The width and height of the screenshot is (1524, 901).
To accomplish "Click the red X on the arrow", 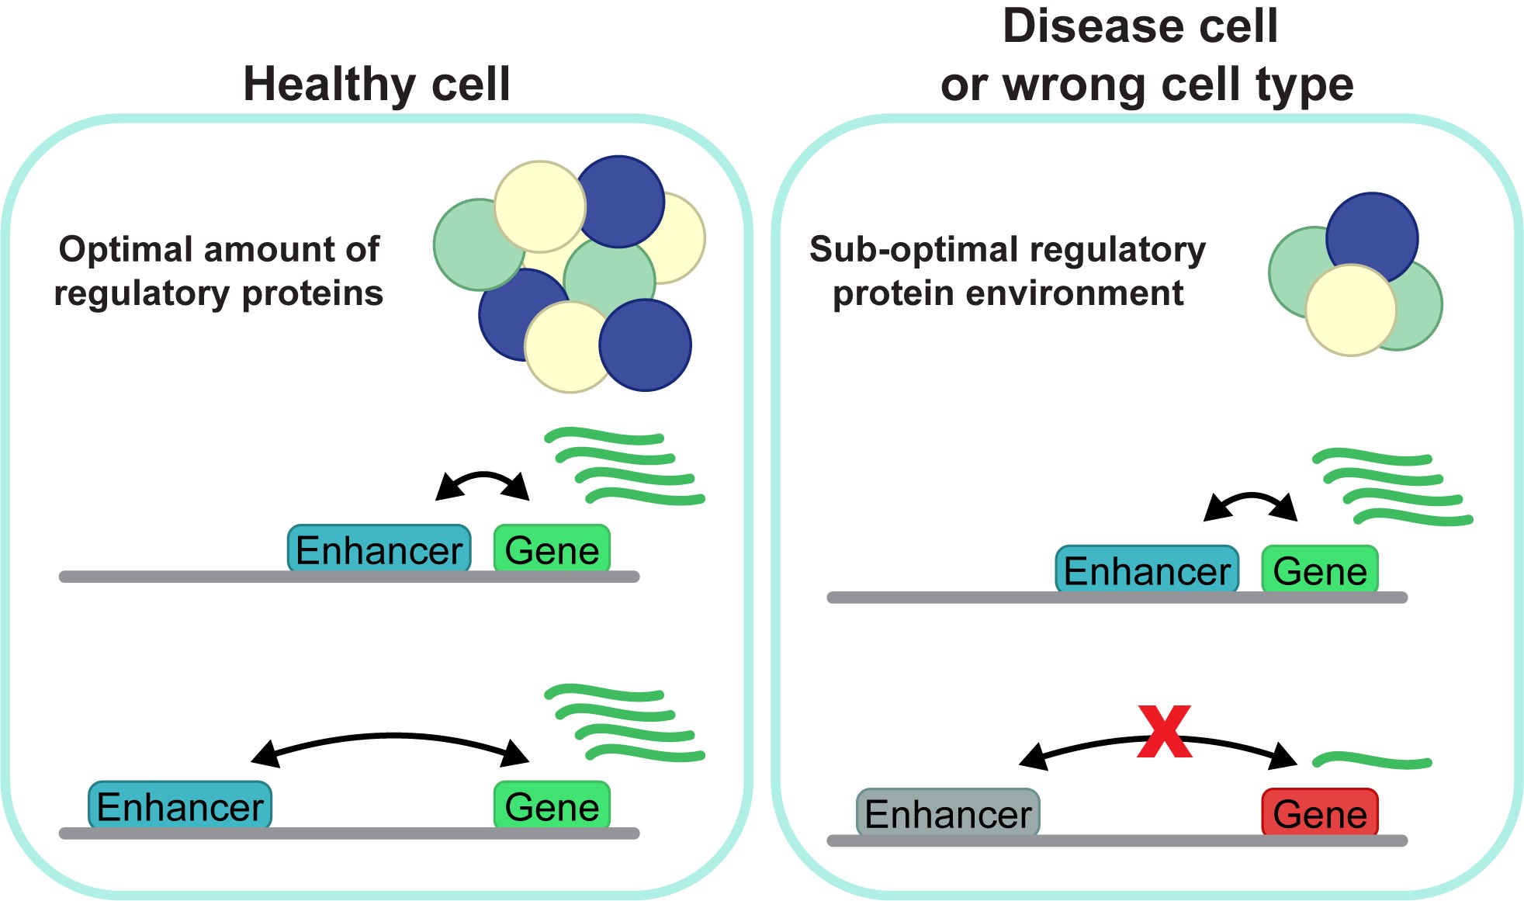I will (1164, 731).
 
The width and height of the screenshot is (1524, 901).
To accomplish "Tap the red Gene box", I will (1320, 813).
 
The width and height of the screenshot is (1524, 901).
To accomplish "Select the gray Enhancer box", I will (947, 813).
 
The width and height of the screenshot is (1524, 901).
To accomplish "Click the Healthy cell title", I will (376, 84).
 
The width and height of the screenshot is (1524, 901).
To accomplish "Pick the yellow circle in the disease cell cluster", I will (1350, 310).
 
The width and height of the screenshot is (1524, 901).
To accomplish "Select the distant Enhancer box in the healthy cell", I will (180, 806).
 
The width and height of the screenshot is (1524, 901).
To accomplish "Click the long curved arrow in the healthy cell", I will (390, 736).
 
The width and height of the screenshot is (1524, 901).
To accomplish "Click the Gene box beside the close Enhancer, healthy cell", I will (552, 550).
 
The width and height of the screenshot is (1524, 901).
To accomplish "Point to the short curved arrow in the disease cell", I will (1250, 497).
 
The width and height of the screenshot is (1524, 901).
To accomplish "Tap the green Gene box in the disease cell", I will (1320, 570).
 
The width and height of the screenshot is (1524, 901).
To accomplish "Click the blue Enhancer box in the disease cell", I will (1147, 570).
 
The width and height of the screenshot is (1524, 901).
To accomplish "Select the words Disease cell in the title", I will (1139, 26).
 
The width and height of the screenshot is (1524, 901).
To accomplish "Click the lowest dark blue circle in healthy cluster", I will (645, 345).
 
